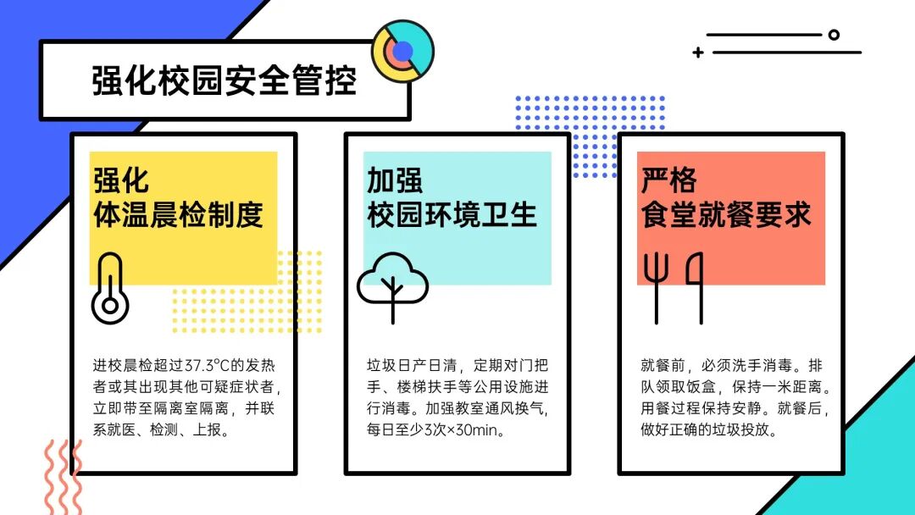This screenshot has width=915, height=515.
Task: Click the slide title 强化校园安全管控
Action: pos(224,81)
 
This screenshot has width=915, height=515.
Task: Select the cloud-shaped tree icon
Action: pos(392,285)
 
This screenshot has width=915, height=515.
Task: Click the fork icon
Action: pos(656,286)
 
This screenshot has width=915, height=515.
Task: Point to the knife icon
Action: pos(697,286)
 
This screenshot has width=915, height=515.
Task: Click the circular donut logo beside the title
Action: pos(402,51)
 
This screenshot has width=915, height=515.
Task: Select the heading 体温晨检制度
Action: pos(178,214)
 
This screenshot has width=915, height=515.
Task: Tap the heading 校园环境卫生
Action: pos(452,214)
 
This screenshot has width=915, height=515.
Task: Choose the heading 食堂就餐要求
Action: pos(726,214)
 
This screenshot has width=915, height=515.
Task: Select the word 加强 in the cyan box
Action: pos(394,180)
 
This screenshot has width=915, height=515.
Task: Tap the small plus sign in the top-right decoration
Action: pos(697,53)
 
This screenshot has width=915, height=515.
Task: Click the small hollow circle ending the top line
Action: pos(834,35)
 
